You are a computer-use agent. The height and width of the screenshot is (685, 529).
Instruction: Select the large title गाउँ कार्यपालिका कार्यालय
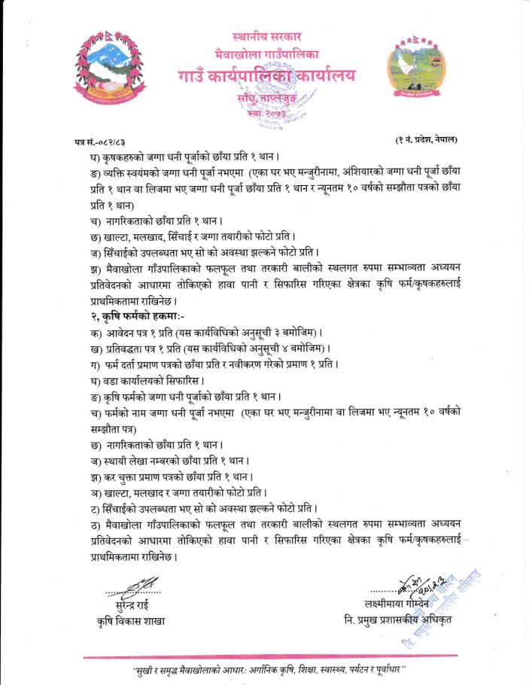click(267, 76)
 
